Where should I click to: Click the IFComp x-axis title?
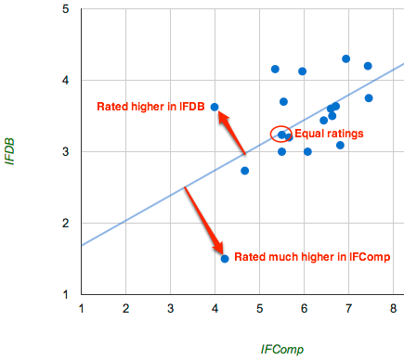282,350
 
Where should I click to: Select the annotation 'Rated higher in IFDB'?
150,107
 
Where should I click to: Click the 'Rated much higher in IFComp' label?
305,256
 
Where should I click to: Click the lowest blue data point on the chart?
225,259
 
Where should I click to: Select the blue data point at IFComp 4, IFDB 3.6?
215,107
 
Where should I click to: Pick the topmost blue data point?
346,58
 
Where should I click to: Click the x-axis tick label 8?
393,308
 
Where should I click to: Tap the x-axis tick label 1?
82,308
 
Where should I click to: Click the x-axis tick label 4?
215,308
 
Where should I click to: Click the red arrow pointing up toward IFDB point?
231,132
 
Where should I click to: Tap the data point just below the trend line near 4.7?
245,171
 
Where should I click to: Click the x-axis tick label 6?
304,308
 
